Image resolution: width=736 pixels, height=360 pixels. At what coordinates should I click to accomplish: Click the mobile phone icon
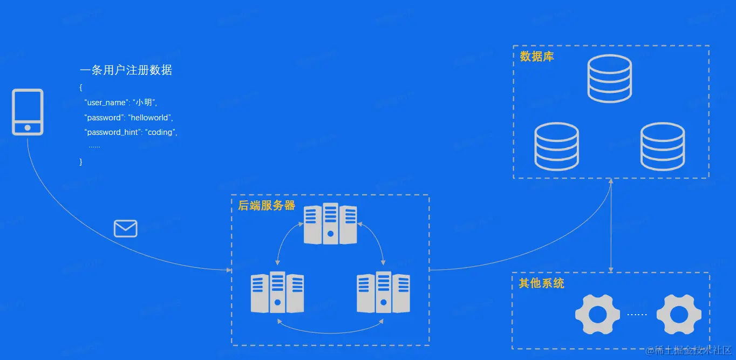[28, 112]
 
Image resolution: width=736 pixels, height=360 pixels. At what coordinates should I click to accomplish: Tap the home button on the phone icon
[28, 128]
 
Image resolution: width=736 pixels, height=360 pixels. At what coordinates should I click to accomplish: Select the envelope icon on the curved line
[126, 229]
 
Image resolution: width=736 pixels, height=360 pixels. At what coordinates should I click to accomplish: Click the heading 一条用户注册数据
[126, 70]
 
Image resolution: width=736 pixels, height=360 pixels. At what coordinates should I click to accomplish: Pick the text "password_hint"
[113, 132]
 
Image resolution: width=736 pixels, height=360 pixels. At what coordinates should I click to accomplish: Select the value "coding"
[160, 132]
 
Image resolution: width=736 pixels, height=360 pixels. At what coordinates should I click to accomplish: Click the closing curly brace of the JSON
[81, 161]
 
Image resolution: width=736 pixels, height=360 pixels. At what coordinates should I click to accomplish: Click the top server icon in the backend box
[330, 223]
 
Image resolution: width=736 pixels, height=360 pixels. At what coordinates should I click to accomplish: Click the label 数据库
[537, 57]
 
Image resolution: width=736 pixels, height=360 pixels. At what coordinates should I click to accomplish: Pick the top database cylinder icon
[609, 78]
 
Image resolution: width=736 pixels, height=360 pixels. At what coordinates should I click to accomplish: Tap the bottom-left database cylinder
[556, 146]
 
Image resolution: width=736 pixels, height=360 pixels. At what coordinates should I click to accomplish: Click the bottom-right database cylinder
[663, 146]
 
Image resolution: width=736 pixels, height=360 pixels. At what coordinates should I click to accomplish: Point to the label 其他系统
[541, 283]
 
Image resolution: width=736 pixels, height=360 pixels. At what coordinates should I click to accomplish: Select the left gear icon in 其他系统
[594, 314]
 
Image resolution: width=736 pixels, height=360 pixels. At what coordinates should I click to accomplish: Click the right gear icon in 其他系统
[679, 314]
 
